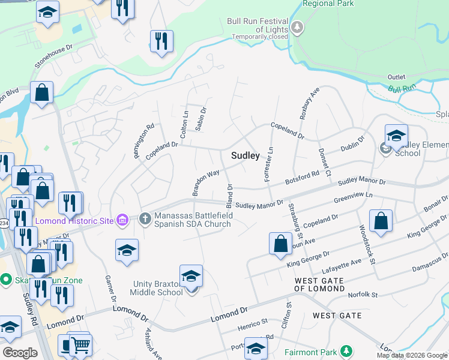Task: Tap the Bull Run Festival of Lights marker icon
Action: pos(297,26)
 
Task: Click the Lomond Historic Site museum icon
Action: pos(122,221)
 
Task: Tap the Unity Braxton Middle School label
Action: pos(157,287)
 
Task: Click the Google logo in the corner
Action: pos(20,353)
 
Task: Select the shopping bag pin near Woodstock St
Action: pos(381,221)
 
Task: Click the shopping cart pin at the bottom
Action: pos(80,345)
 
